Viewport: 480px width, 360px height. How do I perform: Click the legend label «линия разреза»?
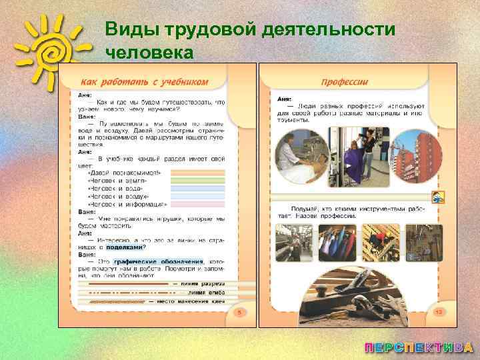pos(203,284)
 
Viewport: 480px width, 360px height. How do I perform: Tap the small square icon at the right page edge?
pos(438,198)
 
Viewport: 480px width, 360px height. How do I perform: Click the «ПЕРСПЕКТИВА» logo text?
pos(419,347)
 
